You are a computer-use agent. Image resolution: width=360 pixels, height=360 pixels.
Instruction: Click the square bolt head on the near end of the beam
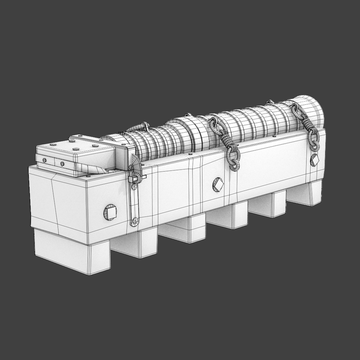[x=111, y=211]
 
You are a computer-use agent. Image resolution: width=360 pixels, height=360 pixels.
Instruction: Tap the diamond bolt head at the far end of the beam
[x=315, y=160]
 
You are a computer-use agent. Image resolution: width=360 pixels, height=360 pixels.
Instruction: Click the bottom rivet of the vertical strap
[x=135, y=221]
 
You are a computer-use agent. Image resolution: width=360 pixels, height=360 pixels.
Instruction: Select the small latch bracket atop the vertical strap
[x=133, y=179]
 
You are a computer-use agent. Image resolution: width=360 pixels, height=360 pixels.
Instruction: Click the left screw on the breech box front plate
[x=44, y=159]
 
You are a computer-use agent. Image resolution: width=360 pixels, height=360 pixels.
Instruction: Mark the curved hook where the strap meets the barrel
[x=135, y=166]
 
